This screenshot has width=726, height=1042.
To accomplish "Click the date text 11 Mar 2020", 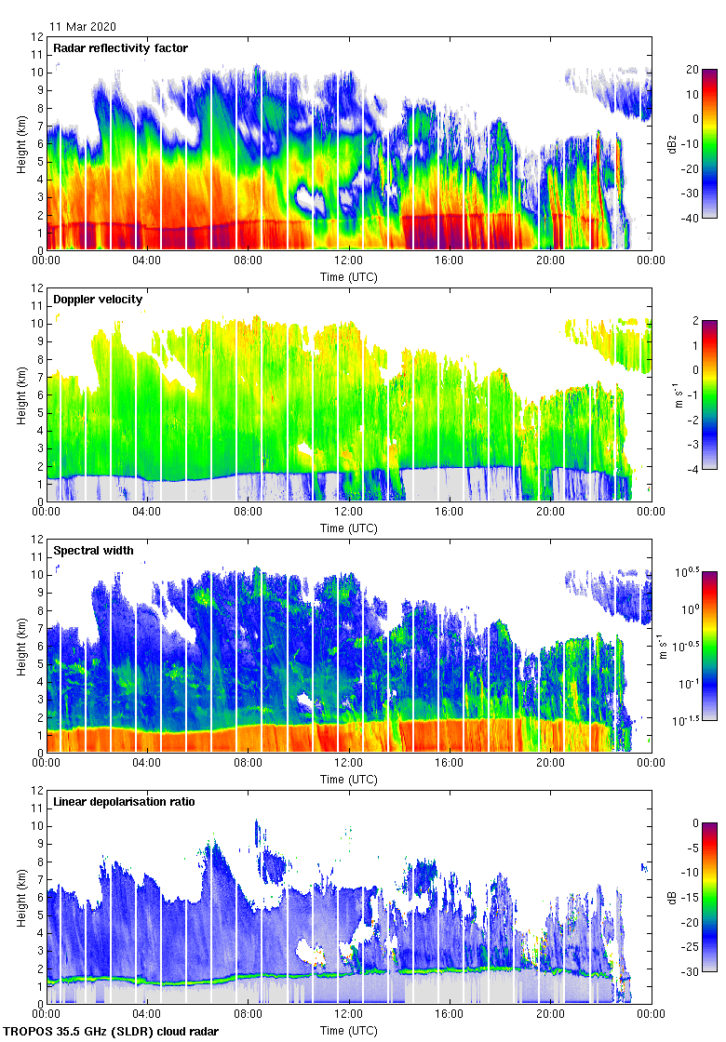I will click(x=84, y=27).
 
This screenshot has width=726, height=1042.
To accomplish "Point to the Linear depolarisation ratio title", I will click(x=124, y=802).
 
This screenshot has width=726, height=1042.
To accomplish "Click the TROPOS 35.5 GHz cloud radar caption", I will click(x=113, y=1032).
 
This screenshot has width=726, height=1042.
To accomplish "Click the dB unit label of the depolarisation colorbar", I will click(x=672, y=898).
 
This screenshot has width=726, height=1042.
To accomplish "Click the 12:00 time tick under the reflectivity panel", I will click(x=348, y=261).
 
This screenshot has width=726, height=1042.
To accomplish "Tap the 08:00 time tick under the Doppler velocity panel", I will click(x=248, y=513).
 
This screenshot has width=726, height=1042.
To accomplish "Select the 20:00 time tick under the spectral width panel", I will click(x=550, y=764).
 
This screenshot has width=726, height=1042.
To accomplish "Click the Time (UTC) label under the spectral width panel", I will click(x=348, y=779).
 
